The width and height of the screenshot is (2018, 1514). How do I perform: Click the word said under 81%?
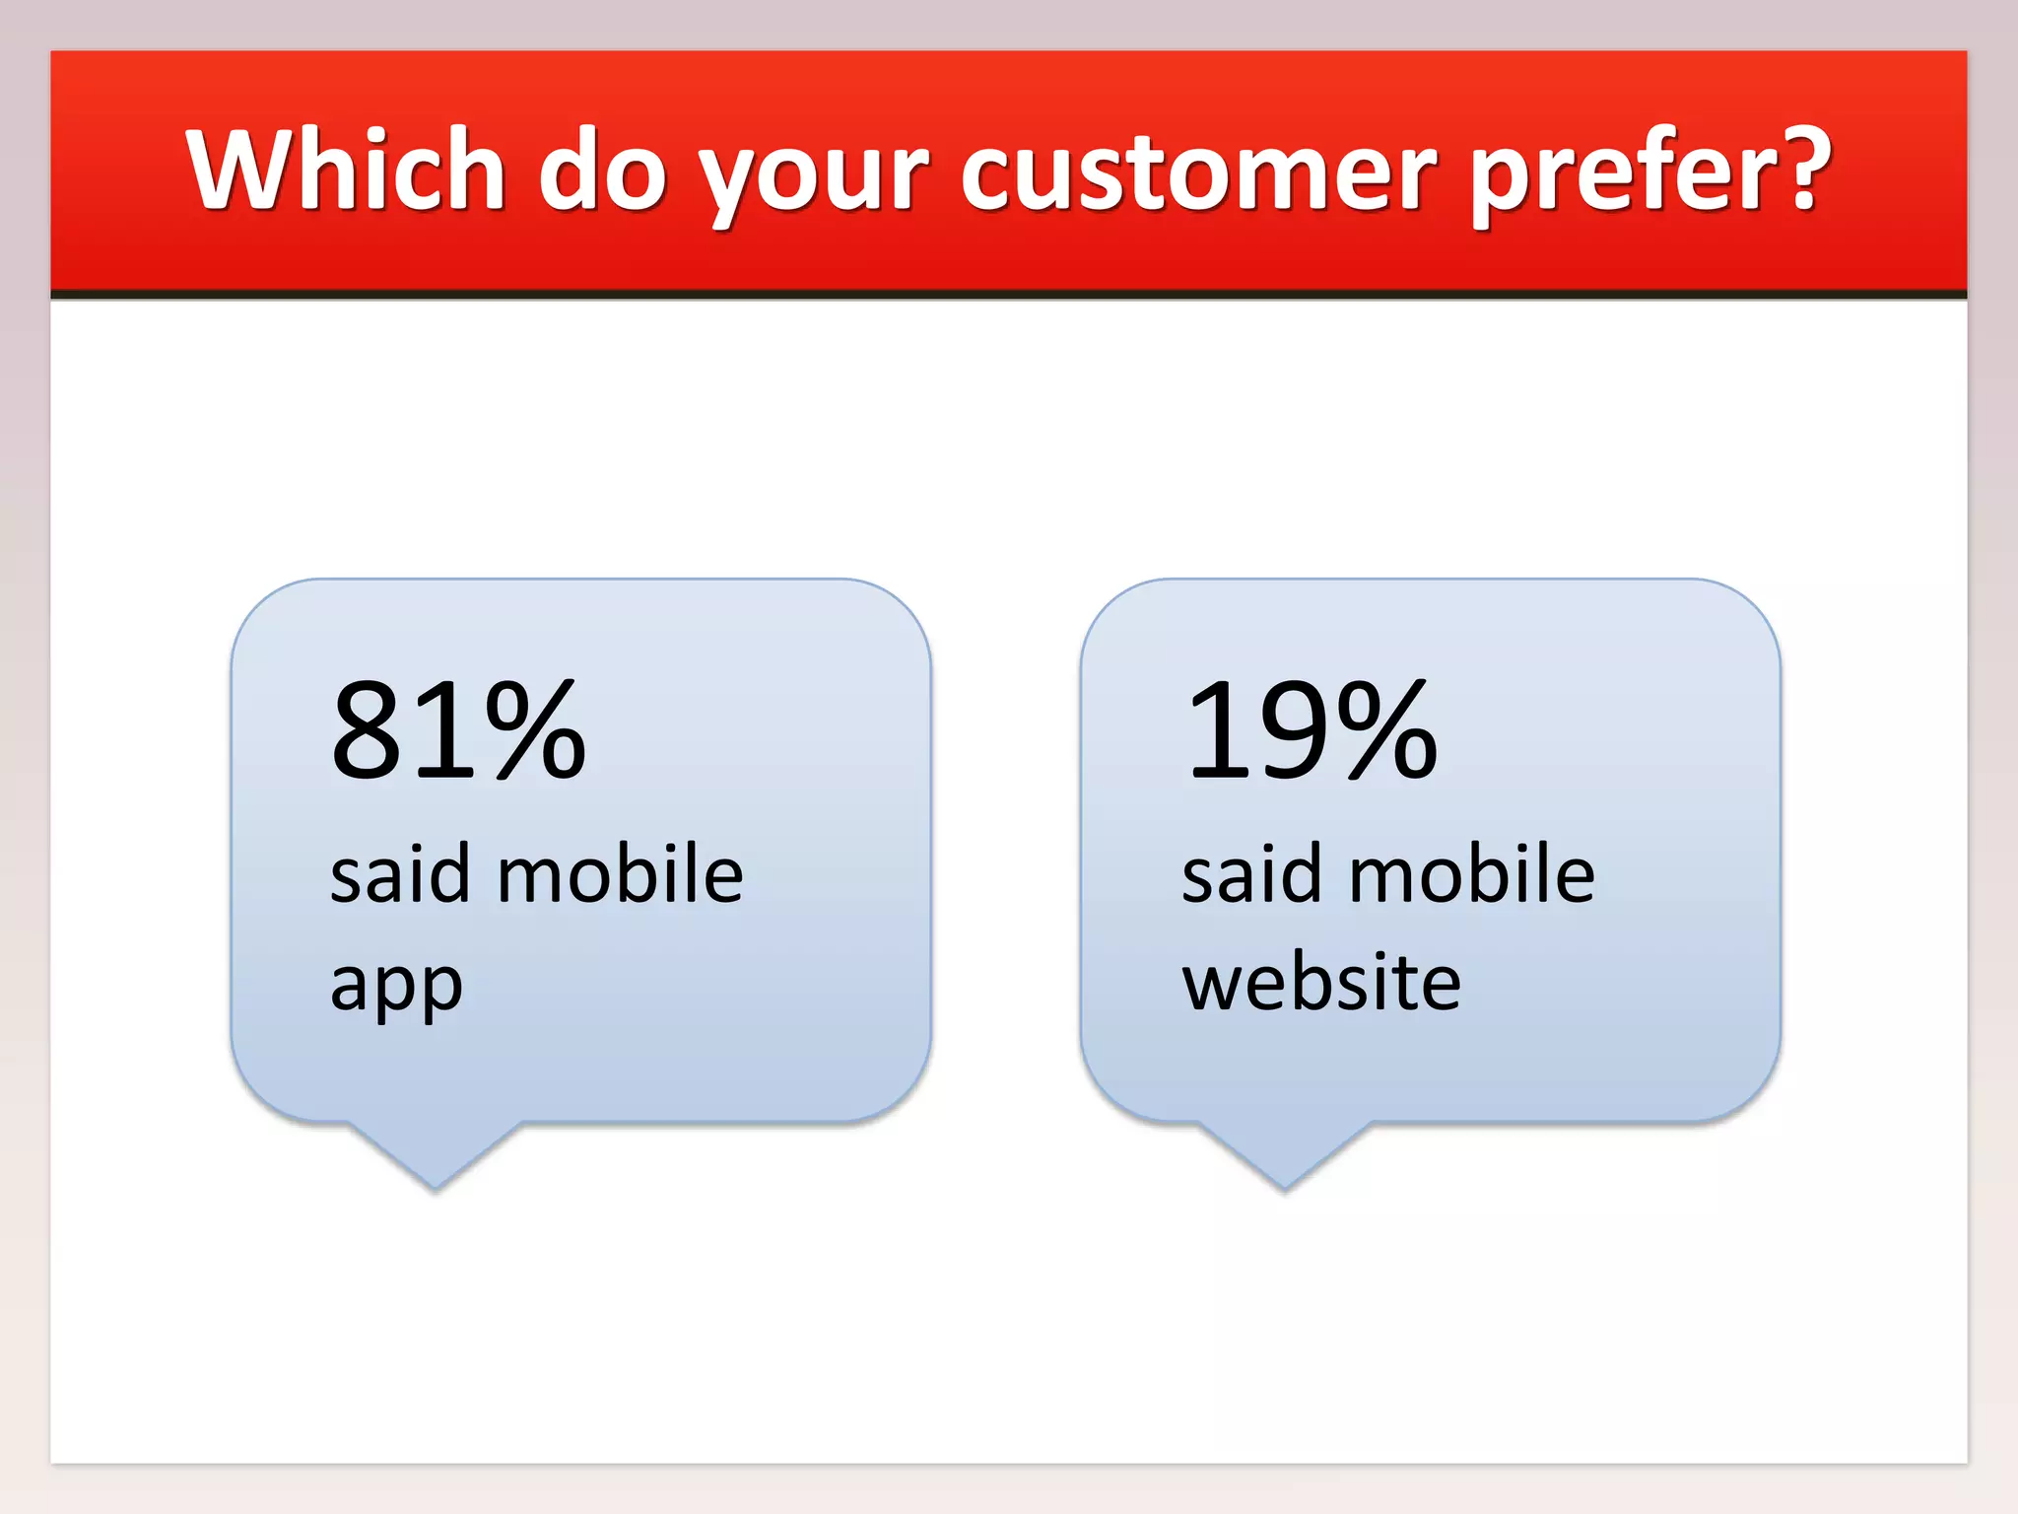(399, 874)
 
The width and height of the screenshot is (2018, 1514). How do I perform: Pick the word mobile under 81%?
(620, 874)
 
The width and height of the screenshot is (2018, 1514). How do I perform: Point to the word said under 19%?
(1250, 874)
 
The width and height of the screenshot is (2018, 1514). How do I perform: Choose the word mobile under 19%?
(1471, 874)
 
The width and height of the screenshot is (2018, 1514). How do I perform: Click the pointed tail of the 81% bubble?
(435, 1168)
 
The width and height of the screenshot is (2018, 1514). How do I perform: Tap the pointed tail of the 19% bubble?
(1285, 1168)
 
